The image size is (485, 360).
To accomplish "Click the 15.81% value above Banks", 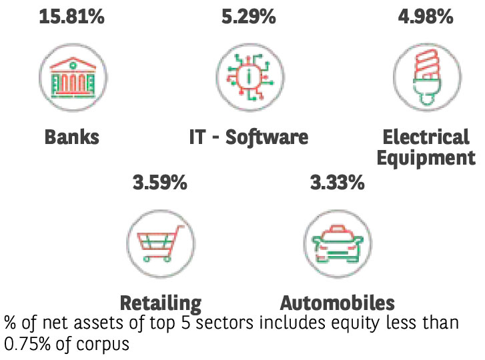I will [71, 16].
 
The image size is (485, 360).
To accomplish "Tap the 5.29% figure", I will [248, 16].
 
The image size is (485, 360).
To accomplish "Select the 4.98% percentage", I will [426, 16].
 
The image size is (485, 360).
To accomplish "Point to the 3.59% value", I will [159, 181].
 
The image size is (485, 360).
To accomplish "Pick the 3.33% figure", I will [337, 181].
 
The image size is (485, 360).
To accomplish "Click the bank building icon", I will [71, 78].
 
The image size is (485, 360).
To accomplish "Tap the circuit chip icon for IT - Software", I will [249, 78].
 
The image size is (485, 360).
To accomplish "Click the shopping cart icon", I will [160, 243].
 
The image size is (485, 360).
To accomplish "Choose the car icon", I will [337, 243].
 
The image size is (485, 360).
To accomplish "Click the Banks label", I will [71, 138].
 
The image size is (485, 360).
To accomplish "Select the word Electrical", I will [426, 137].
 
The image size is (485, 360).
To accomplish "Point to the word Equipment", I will [426, 159].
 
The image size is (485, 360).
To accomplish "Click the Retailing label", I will [160, 304].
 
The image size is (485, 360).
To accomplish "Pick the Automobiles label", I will [337, 303].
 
